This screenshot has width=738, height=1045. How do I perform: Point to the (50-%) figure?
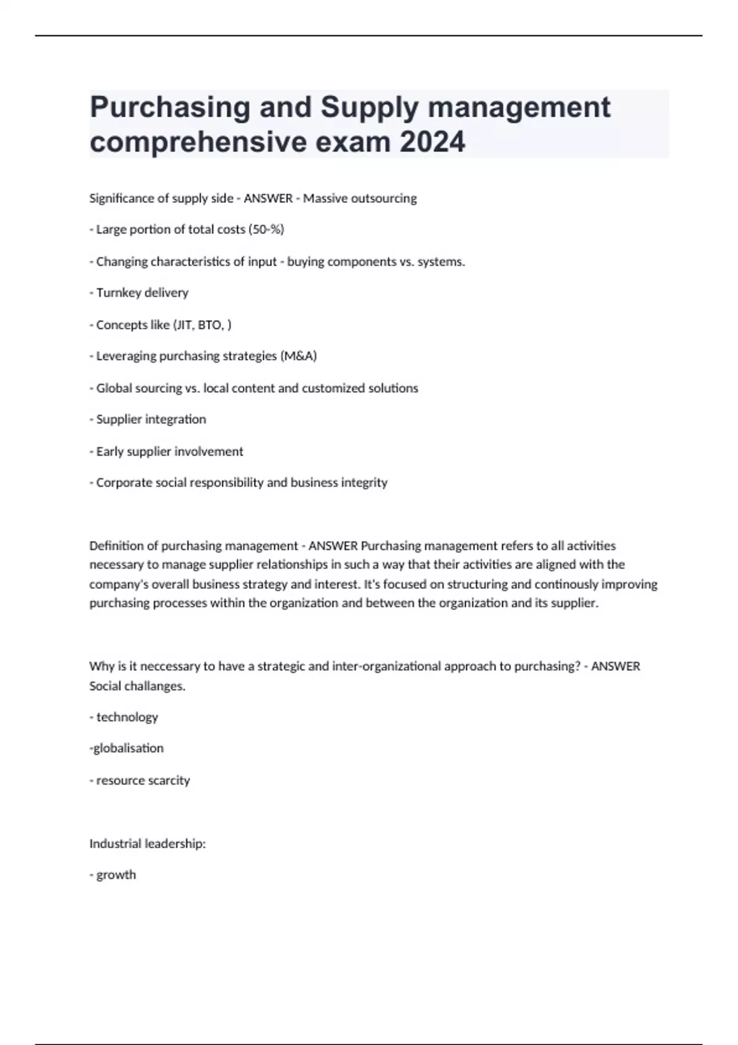266,230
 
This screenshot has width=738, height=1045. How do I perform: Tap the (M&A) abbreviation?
298,356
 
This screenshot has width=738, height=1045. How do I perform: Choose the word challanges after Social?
155,686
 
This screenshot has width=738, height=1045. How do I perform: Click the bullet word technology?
127,717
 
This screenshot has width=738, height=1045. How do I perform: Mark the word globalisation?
128,748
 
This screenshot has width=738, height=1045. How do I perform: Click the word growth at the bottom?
116,875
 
